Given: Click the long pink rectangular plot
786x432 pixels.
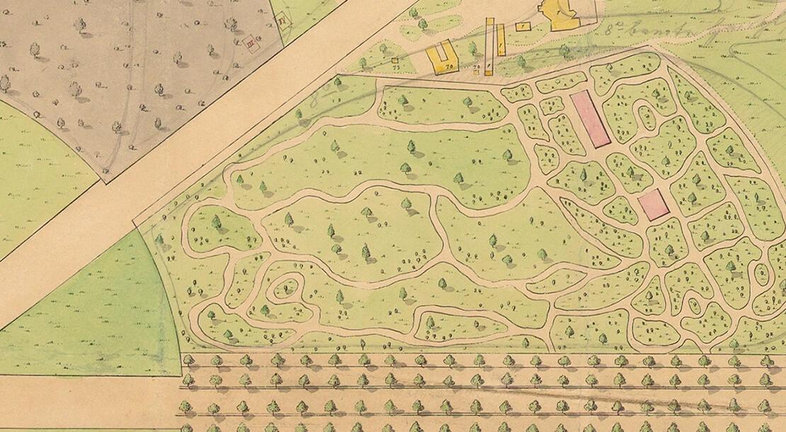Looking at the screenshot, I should pyautogui.click(x=591, y=119).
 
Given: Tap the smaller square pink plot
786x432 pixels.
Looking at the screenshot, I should pyautogui.click(x=653, y=205).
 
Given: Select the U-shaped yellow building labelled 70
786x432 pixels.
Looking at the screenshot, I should pyautogui.click(x=443, y=59).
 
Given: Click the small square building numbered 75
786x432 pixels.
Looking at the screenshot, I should pyautogui.click(x=395, y=61).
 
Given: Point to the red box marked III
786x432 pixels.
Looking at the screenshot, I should pyautogui.click(x=251, y=44).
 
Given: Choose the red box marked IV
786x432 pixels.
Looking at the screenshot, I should pyautogui.click(x=284, y=20).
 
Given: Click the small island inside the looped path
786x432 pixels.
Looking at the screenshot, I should pyautogui.click(x=286, y=288).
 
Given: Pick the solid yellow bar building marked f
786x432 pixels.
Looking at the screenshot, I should pyautogui.click(x=501, y=40).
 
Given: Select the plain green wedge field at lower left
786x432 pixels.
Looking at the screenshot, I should pyautogui.click(x=106, y=319).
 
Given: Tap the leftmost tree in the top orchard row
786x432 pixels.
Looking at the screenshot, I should pyautogui.click(x=189, y=360).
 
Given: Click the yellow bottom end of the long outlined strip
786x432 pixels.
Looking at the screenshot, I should pyautogui.click(x=489, y=69).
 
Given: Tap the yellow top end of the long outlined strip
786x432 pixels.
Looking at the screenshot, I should pyautogui.click(x=489, y=22).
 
